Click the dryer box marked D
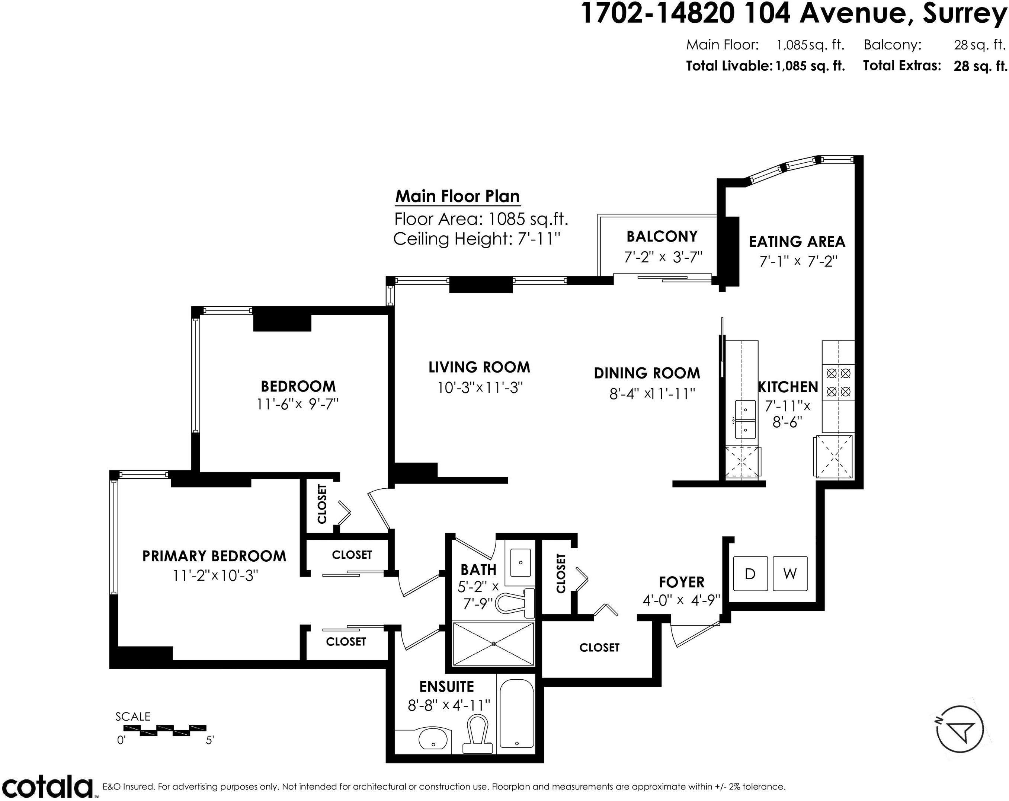coord(750,574)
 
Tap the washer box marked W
coord(790,574)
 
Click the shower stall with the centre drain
coord(494,644)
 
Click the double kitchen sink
coord(745,419)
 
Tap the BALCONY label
coord(662,236)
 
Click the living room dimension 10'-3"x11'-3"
coord(480,387)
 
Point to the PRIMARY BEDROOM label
coord(214,556)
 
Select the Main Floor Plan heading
coord(458,196)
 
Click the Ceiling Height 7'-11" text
coord(477,239)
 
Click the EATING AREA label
coord(797,242)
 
